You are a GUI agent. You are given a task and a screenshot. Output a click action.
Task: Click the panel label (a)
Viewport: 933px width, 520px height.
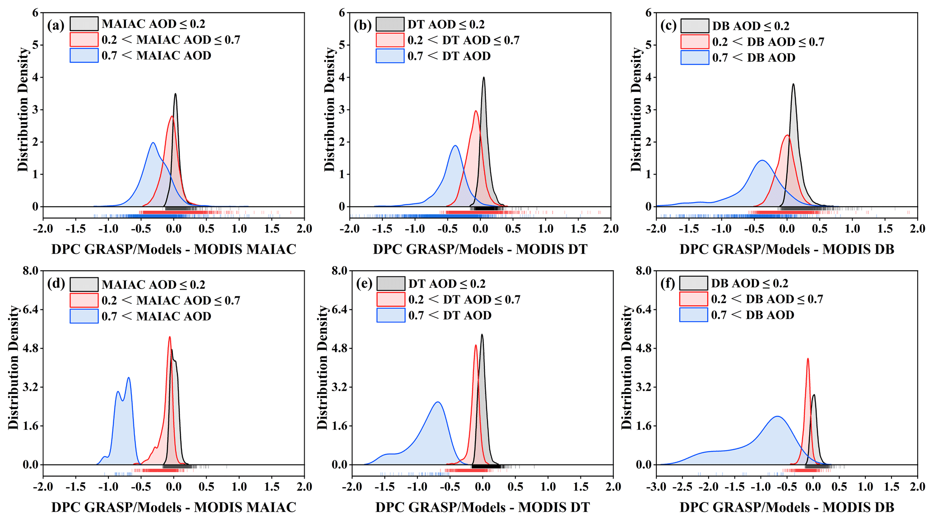[x=56, y=25]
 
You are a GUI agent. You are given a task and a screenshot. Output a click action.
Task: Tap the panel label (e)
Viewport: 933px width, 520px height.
[x=363, y=284]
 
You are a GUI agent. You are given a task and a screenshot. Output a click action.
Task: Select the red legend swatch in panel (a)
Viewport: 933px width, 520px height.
[x=84, y=40]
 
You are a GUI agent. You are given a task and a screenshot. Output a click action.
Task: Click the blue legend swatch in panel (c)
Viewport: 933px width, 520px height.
[x=695, y=58]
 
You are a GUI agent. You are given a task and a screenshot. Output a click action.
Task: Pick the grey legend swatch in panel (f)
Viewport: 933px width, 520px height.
[x=693, y=283]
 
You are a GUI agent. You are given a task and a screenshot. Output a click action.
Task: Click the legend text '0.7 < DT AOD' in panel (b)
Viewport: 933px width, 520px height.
[x=449, y=56]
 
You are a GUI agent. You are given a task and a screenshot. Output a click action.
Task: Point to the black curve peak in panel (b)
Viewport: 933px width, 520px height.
[x=483, y=77]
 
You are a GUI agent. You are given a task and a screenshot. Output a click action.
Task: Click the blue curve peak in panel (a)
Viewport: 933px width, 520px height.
[x=153, y=143]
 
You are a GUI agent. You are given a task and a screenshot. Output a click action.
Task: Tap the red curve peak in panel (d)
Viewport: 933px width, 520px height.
[x=170, y=337]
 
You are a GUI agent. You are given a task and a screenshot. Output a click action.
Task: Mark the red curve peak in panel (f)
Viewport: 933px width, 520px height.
[x=808, y=359]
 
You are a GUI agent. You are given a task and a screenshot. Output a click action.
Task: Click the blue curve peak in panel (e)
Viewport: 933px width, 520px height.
[x=437, y=402]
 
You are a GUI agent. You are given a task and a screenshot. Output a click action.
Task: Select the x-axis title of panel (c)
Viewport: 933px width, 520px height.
[x=787, y=249]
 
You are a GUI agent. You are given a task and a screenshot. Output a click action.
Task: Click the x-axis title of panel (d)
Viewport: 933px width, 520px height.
[x=173, y=507]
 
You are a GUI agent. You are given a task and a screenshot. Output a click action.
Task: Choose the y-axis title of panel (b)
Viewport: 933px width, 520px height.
[x=330, y=110]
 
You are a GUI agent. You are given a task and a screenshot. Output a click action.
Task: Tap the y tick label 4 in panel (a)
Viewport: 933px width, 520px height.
[x=35, y=78]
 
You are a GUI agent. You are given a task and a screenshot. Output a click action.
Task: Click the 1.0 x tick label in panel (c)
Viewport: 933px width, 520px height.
[x=852, y=229]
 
